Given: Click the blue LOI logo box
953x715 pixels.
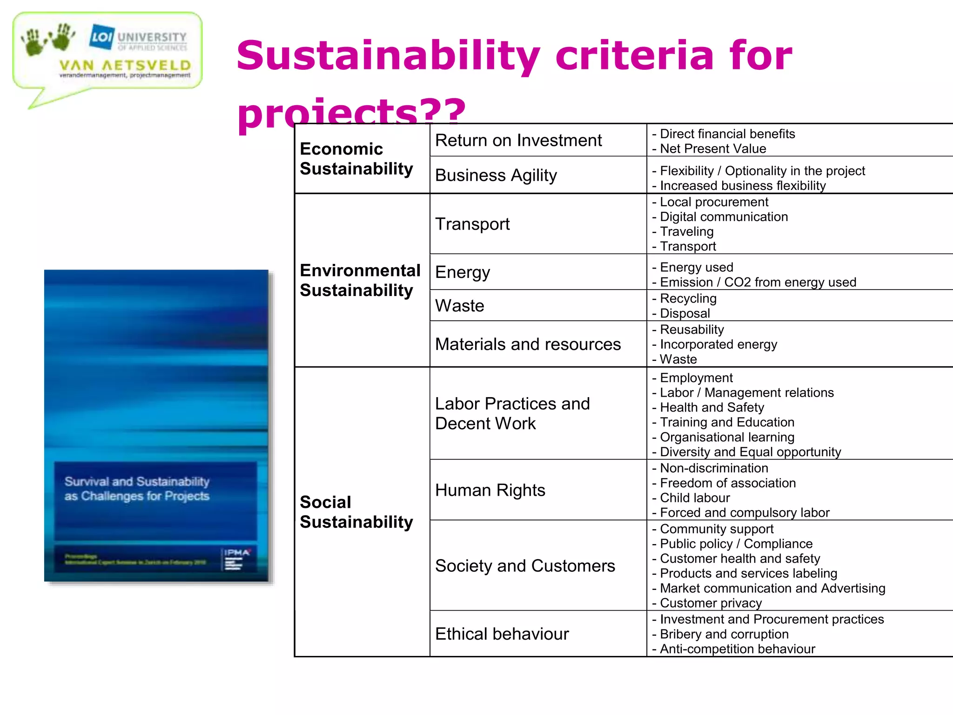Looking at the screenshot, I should pos(102,36).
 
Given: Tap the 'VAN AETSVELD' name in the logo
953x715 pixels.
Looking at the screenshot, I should pos(125,65).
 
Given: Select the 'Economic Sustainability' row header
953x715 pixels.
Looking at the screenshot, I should pos(356,159).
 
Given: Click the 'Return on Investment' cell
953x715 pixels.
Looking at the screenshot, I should pos(518,140).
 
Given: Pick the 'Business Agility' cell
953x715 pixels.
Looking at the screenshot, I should pos(496,175).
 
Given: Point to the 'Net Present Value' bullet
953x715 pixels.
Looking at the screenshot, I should pos(713,148).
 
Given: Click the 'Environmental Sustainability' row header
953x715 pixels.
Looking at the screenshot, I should pos(360,280).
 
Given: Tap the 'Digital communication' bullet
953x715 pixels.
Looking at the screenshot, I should pos(724,216).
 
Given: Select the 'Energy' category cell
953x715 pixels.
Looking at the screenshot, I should pos(463,272).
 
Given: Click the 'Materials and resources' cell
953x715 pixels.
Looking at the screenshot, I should pos(528,344).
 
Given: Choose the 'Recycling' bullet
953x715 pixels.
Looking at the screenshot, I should pos(688,298).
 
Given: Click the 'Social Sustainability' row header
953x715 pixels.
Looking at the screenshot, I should pos(356,512).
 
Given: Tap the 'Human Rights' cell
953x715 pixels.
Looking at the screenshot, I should pos(490,490).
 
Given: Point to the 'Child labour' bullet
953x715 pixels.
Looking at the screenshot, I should pos(695,498).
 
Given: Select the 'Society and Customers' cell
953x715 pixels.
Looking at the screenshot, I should pos(525,566).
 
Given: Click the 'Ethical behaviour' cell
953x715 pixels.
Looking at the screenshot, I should pos(502,634).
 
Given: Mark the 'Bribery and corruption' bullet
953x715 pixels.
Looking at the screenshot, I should pos(724,634).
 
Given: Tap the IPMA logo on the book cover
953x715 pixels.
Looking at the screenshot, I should pos(237,553).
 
